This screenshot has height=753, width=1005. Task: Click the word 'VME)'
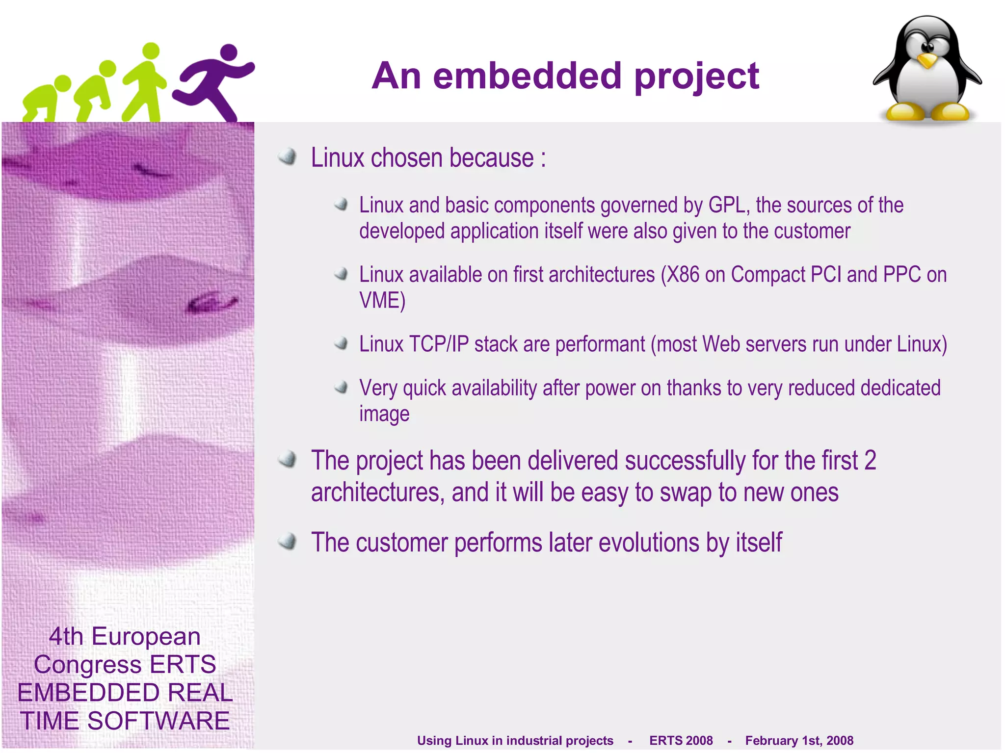(x=382, y=301)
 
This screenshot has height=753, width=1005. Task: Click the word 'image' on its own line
(x=384, y=415)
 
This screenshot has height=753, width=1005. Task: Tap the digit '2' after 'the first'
(x=870, y=461)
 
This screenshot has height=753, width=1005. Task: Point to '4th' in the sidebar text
(x=66, y=637)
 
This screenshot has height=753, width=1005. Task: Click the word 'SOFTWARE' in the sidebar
(x=158, y=721)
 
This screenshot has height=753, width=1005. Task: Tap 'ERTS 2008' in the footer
(x=681, y=740)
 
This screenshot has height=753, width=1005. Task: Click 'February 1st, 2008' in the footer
(x=799, y=740)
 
